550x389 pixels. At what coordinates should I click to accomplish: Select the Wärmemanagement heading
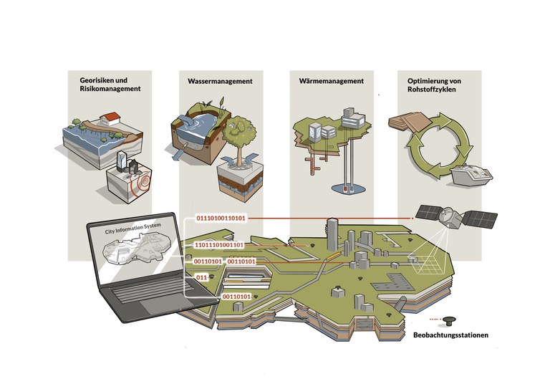327,82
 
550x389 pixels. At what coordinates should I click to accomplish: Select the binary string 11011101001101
219,245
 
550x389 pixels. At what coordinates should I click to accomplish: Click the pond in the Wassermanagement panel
202,120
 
